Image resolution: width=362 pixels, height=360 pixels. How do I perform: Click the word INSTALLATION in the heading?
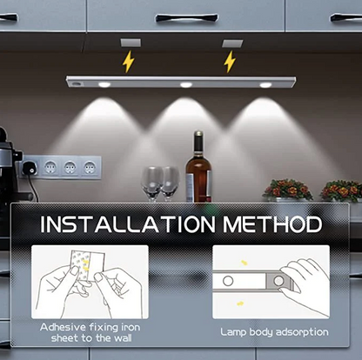[131, 224]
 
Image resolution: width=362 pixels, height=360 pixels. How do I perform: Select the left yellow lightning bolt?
[128, 61]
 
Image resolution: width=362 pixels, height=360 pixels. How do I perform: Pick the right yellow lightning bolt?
[230, 61]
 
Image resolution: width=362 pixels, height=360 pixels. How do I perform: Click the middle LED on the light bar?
[185, 84]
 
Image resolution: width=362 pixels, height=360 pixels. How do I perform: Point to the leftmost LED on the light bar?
[104, 84]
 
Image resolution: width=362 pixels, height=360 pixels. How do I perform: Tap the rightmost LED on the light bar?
[265, 84]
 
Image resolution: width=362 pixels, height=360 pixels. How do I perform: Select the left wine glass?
[151, 182]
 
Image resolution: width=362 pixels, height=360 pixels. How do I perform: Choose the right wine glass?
[169, 182]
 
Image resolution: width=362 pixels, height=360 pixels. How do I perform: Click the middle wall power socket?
[70, 167]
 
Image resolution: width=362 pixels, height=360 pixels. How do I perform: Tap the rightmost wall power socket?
[88, 167]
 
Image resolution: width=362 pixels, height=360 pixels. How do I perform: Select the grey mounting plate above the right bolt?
[232, 42]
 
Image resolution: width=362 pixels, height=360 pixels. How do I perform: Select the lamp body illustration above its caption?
[270, 282]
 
